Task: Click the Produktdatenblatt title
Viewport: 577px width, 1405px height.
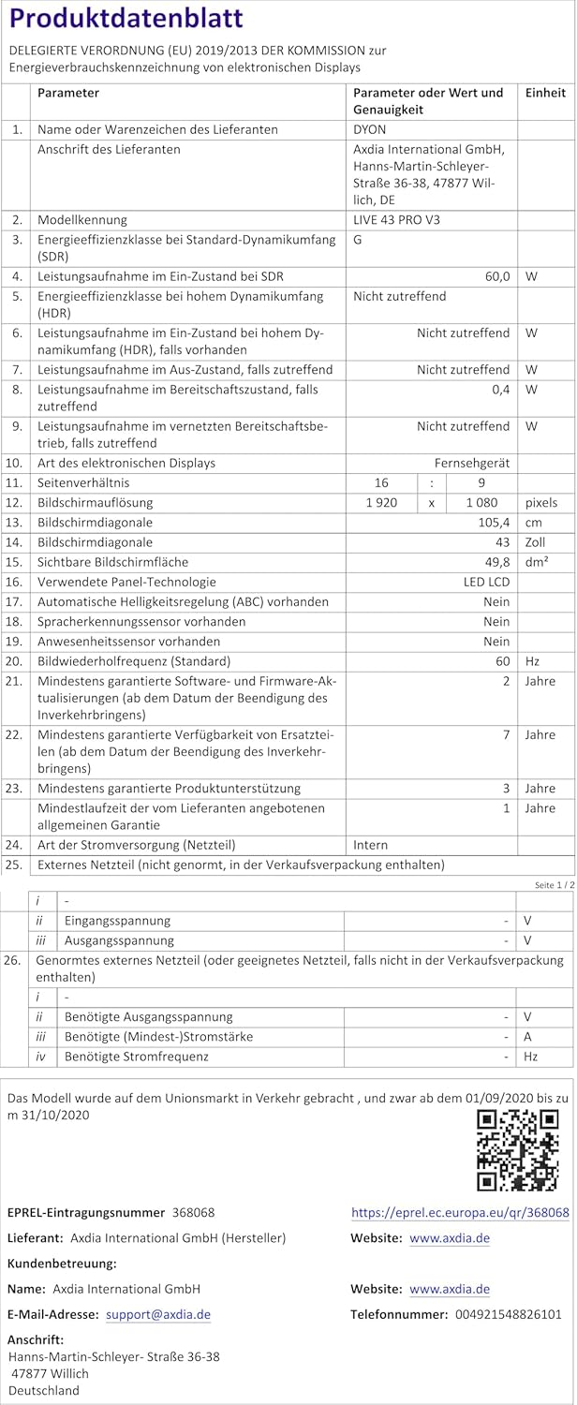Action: [126, 19]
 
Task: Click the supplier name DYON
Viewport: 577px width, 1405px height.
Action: [369, 130]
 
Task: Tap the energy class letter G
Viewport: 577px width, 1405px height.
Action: [358, 240]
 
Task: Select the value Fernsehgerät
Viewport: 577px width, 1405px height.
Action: [472, 463]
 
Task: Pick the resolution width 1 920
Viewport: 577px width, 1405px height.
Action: [381, 503]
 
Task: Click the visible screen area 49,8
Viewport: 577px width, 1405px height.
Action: [497, 562]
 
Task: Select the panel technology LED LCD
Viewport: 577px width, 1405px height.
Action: [486, 582]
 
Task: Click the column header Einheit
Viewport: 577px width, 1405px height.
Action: [545, 93]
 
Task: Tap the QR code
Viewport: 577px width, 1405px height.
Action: [518, 1150]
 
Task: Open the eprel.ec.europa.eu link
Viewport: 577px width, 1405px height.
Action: [460, 1212]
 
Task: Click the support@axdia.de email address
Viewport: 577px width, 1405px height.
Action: [158, 1315]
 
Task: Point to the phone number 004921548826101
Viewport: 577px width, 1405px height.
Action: [508, 1315]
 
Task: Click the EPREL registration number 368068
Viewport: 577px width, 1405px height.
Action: [193, 1212]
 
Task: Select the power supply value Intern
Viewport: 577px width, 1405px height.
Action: [370, 845]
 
